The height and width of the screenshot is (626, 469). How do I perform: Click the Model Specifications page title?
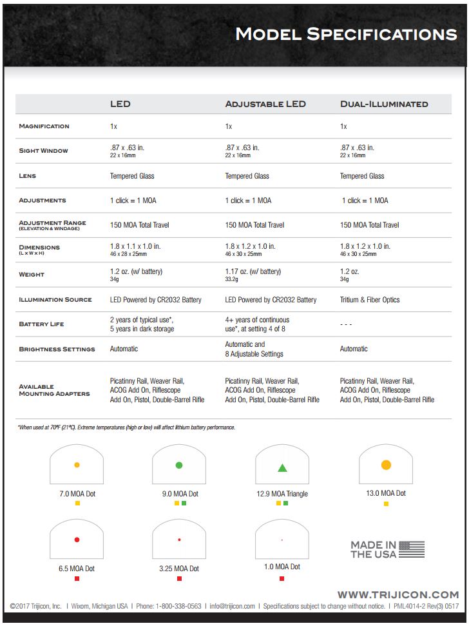pos(346,34)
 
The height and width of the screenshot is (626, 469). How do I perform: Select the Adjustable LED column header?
pos(265,104)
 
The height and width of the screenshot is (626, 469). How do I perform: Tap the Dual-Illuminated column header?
pos(384,104)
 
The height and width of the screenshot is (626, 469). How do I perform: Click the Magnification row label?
pos(44,126)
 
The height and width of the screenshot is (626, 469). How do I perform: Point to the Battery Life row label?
pos(41,324)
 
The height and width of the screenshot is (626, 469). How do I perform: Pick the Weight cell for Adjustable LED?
pos(253,275)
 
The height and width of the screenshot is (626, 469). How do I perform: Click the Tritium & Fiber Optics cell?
pos(370,300)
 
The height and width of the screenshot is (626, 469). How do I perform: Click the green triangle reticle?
pos(282,468)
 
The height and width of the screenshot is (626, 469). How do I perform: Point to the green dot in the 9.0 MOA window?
pos(179,465)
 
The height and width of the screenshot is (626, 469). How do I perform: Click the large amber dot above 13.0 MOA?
pos(386,465)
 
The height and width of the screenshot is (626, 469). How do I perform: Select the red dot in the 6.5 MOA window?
pos(77,540)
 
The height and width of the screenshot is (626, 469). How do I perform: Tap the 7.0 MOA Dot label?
pos(77,494)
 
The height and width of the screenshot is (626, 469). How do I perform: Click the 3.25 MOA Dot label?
pos(179,569)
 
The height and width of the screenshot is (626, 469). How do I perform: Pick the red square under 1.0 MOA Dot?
pos(282,579)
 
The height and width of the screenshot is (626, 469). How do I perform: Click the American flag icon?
pos(412,549)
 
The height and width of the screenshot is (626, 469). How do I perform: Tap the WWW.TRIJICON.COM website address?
pos(398,594)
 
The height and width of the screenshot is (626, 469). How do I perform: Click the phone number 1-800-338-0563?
pos(178,607)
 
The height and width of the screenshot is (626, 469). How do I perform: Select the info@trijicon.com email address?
pos(231,607)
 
